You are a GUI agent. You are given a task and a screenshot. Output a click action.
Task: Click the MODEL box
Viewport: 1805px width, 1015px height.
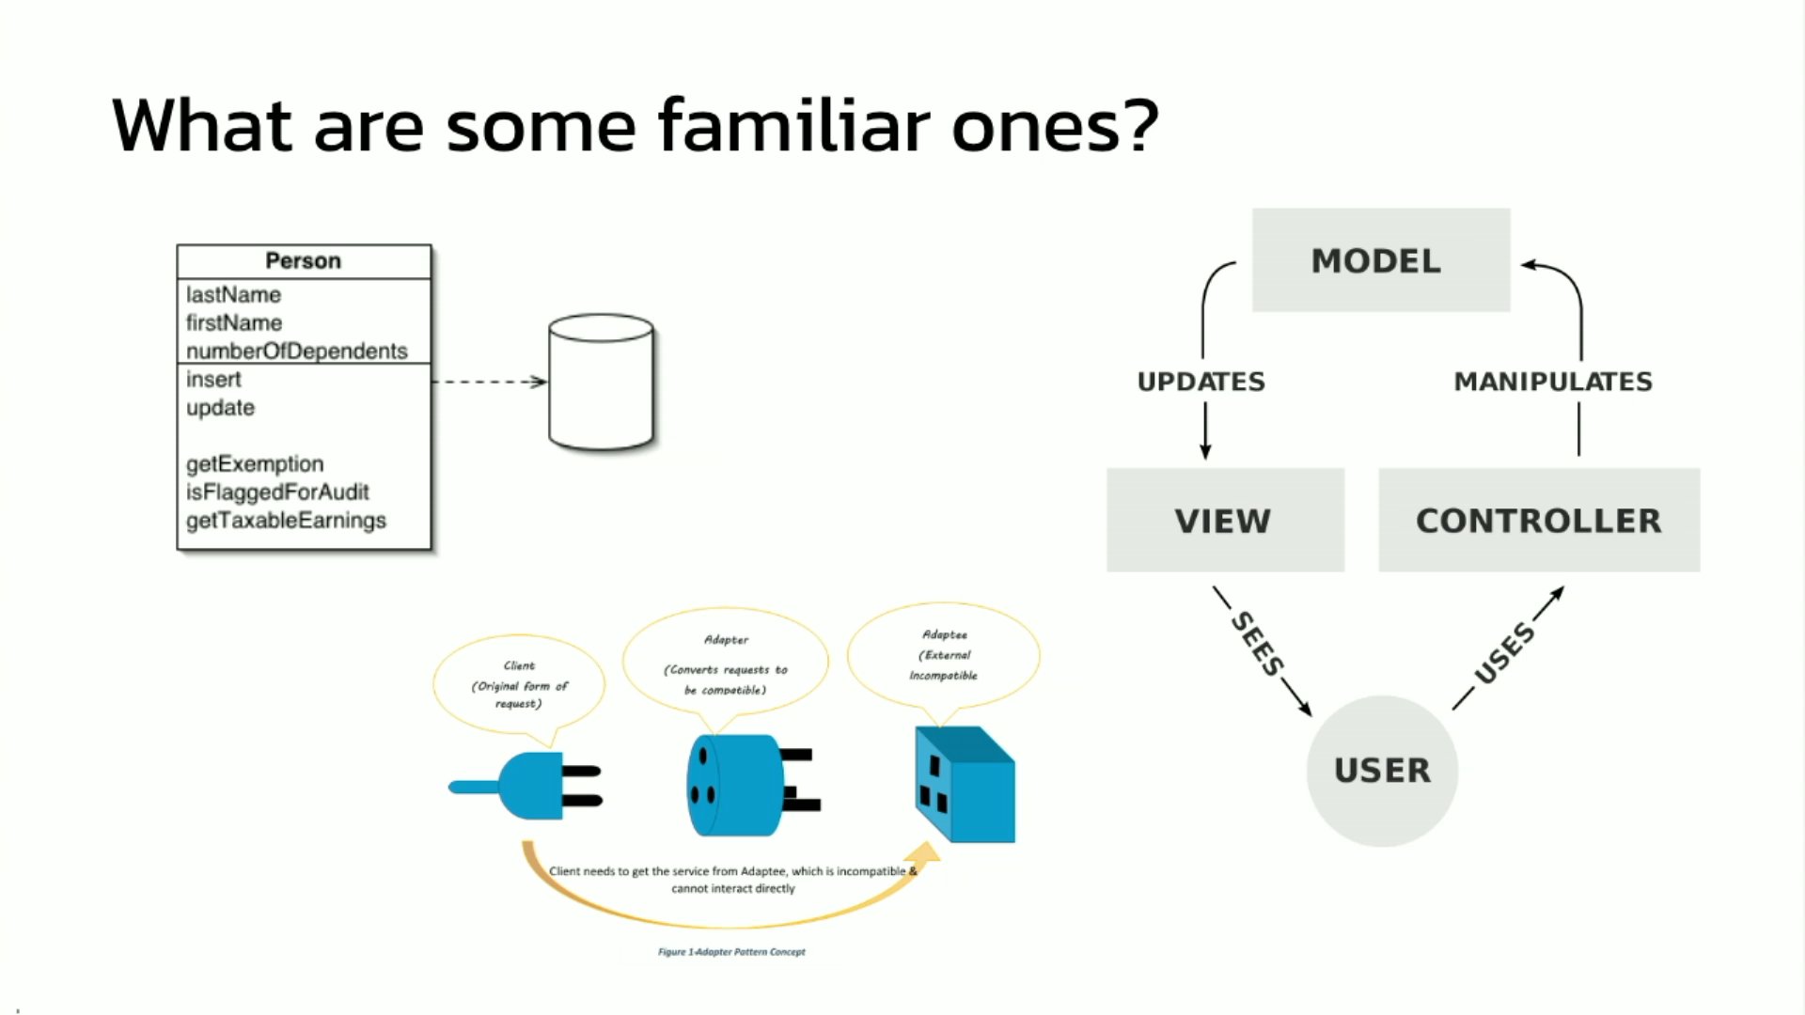coord(1380,260)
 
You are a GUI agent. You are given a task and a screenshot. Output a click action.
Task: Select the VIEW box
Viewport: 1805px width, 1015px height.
coord(1224,520)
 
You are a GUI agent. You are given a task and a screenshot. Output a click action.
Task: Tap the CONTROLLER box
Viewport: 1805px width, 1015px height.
coord(1538,520)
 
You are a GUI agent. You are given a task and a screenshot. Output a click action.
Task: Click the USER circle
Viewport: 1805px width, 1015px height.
coord(1382,771)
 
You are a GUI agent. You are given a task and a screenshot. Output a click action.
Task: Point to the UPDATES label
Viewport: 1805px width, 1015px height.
coord(1201,382)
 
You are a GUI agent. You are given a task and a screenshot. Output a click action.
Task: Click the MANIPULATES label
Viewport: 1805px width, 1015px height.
coord(1552,382)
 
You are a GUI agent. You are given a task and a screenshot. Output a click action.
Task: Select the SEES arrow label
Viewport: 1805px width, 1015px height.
coord(1257,644)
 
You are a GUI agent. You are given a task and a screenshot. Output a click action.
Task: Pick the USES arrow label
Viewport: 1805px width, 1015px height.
coord(1504,651)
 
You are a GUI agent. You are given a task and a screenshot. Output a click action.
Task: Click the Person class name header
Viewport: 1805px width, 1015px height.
coord(303,261)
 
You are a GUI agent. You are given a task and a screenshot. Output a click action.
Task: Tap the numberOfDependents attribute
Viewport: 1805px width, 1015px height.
coord(296,351)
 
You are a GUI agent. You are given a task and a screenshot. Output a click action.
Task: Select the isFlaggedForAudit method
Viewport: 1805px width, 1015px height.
coord(277,492)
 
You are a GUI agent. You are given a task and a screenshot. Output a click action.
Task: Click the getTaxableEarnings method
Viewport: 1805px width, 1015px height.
coord(286,520)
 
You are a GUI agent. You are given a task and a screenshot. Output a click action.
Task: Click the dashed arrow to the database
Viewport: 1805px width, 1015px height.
coord(489,382)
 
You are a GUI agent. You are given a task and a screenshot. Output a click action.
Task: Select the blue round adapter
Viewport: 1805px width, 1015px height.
coord(738,786)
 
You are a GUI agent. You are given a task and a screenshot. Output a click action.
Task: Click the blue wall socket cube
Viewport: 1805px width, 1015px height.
coord(965,785)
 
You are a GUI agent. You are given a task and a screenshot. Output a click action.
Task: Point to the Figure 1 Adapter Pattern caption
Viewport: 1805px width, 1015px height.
coord(731,952)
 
